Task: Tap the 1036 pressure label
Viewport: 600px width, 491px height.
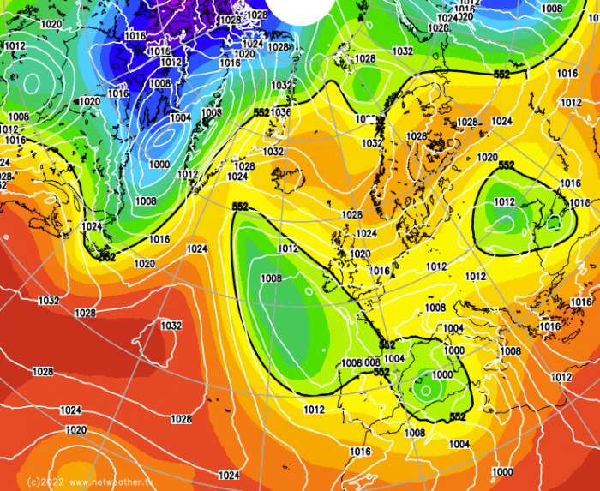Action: point(281,112)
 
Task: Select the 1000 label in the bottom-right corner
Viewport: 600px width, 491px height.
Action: point(502,472)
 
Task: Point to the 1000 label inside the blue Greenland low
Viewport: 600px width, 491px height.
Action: point(159,164)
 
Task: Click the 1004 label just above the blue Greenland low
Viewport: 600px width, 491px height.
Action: point(180,118)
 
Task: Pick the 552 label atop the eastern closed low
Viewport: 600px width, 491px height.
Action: point(506,165)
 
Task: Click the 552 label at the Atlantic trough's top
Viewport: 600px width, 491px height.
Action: point(240,207)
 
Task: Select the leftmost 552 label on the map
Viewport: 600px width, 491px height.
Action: point(107,256)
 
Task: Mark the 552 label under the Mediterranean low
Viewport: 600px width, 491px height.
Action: point(458,416)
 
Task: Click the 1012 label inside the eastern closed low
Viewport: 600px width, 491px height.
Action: point(504,202)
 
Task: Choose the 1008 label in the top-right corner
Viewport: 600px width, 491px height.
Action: point(552,9)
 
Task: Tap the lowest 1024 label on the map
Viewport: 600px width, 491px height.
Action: point(228,475)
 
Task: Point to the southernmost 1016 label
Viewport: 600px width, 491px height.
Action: point(361,452)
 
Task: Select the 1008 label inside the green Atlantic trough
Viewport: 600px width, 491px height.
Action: point(271,278)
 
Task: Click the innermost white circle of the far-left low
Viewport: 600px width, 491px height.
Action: point(33,83)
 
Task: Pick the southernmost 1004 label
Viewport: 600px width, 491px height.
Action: point(459,444)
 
